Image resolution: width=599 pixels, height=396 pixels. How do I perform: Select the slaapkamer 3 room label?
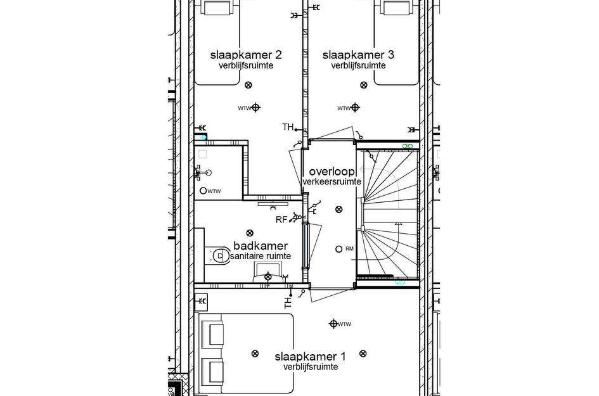tap(358, 55)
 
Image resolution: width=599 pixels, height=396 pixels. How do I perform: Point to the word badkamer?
tap(261, 246)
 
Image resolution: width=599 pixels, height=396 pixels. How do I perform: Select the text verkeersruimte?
tap(332, 182)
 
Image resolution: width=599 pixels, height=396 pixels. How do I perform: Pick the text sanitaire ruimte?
tap(261, 256)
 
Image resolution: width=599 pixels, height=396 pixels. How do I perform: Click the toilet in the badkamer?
tap(219, 255)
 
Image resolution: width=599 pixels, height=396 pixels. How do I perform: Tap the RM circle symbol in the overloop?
tap(339, 248)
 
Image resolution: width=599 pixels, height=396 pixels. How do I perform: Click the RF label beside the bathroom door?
tap(282, 220)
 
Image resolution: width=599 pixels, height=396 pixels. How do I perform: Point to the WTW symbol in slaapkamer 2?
tap(255, 108)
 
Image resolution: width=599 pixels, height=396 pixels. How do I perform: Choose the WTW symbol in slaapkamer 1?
tap(333, 324)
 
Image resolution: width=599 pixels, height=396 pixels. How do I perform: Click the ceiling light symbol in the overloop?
tap(338, 209)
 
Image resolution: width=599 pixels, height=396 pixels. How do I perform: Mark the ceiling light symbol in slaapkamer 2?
tap(248, 84)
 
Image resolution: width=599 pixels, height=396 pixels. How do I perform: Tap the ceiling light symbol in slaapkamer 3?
tap(363, 84)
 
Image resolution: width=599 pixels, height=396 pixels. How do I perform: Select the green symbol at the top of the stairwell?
tap(408, 146)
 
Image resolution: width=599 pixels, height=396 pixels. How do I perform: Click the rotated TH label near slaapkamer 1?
tap(288, 303)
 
